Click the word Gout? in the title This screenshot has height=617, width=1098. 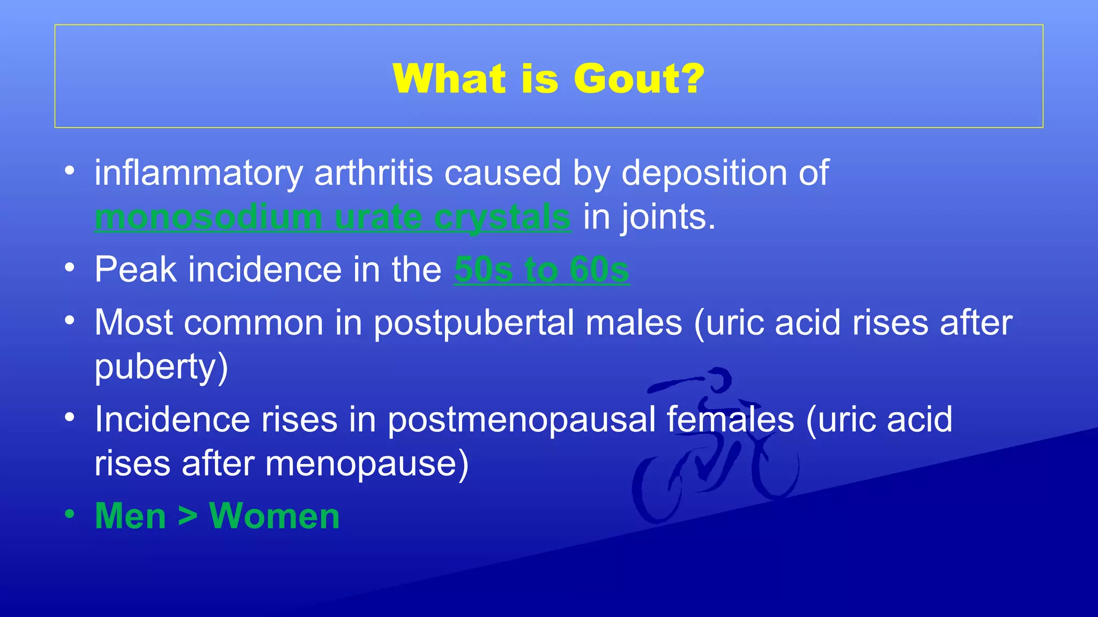pos(639,79)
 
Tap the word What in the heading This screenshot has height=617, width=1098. pos(449,79)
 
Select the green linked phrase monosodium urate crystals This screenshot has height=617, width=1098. pos(332,217)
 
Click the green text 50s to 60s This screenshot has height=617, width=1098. pos(541,269)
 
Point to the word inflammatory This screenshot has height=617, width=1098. pos(199,174)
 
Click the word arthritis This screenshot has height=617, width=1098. pos(373,174)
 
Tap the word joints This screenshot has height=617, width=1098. pos(667,217)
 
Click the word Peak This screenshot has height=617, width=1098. pos(135,269)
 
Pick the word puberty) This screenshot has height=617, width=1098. pos(161,367)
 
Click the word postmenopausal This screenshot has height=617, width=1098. pos(521,419)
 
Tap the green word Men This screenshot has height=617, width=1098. pos(130,516)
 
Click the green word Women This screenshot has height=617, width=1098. pos(274,516)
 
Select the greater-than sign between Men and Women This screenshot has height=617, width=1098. pos(188,517)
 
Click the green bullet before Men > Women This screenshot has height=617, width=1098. pos(69,514)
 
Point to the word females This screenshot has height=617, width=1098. pos(730,419)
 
